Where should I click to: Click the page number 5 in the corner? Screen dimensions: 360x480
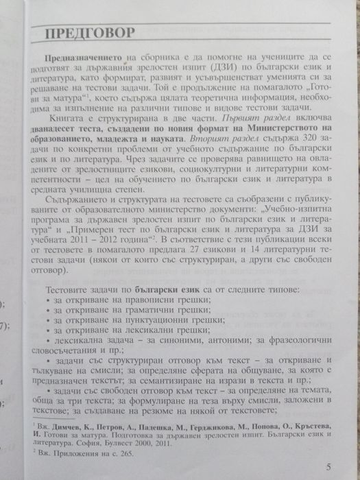point(329,468)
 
